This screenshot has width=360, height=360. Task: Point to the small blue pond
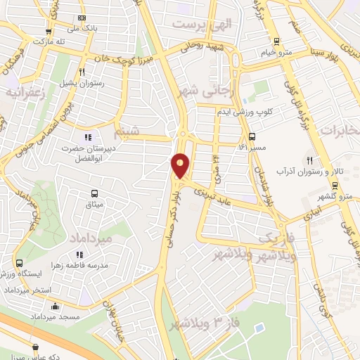tap(259, 328)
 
